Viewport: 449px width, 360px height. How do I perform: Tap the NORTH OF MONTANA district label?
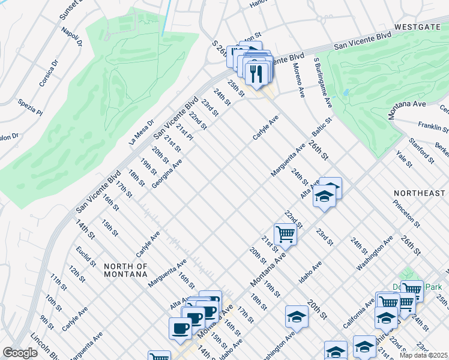125,270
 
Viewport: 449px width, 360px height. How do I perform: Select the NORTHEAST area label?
420,193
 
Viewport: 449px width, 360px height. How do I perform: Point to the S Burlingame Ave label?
322,83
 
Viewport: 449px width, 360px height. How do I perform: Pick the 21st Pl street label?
184,134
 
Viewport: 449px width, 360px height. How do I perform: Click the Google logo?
20,353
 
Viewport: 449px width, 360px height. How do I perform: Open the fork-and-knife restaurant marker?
256,74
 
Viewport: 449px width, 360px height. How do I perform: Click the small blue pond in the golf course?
346,93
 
